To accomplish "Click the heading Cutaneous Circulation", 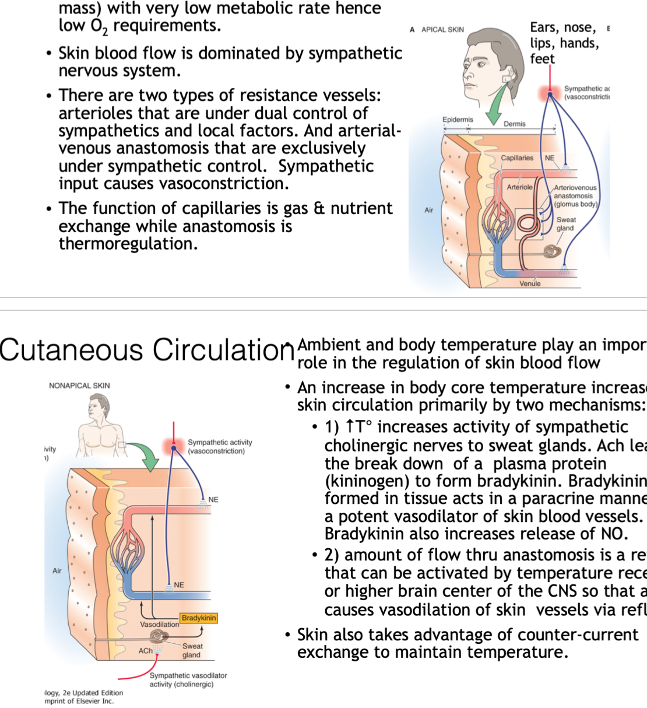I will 147,350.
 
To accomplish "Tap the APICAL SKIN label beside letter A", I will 442,29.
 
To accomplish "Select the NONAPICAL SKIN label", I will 79,385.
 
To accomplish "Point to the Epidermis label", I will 458,120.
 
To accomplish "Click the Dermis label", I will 515,124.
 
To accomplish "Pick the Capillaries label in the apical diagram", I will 517,158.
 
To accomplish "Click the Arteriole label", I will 519,187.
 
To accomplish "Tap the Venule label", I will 530,283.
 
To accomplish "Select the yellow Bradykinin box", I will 199,618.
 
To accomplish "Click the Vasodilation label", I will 160,625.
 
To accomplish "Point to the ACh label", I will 145,650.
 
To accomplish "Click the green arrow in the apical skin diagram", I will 497,105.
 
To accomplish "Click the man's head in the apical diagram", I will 488,58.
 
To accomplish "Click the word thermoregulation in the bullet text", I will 127,244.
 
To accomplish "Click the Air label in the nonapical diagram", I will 57,571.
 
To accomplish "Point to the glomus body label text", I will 576,204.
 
